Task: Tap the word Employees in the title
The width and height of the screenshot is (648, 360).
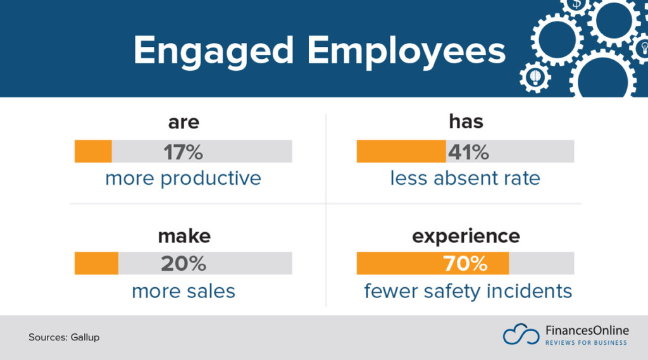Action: [408, 51]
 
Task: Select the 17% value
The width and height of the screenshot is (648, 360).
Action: [183, 152]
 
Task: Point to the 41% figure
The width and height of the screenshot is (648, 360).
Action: [468, 152]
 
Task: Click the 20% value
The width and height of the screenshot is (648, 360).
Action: [183, 263]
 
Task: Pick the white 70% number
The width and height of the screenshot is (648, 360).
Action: [465, 263]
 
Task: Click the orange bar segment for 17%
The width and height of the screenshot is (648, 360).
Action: [93, 152]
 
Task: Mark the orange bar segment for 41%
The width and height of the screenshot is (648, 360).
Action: [401, 152]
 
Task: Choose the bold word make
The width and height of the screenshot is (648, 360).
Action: [184, 236]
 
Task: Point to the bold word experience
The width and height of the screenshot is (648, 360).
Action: [465, 236]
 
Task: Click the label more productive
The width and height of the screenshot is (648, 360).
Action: [183, 178]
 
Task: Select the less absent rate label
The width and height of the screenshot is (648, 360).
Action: [465, 178]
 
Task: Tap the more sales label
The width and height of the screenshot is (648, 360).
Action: [183, 291]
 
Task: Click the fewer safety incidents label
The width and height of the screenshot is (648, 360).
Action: [468, 291]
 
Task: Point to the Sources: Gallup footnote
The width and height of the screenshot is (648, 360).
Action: [64, 337]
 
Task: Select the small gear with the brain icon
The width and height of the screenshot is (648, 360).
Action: [535, 77]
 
